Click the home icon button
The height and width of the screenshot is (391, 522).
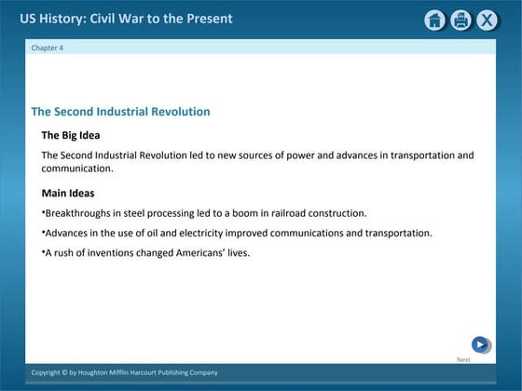[x=434, y=20]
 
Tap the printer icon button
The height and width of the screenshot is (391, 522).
[x=460, y=20]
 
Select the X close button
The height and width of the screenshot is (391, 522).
[x=487, y=20]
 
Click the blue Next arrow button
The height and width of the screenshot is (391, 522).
[x=480, y=344]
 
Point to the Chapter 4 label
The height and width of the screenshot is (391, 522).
[x=48, y=47]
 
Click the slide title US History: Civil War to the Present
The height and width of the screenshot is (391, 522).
[x=127, y=19]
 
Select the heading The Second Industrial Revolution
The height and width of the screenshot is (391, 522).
[x=120, y=112]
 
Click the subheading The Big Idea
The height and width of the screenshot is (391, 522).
[x=70, y=135]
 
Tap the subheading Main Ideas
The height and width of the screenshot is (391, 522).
[x=68, y=194]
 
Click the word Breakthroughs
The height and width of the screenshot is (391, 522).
[x=77, y=213]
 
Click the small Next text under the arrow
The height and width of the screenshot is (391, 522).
[x=463, y=359]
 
